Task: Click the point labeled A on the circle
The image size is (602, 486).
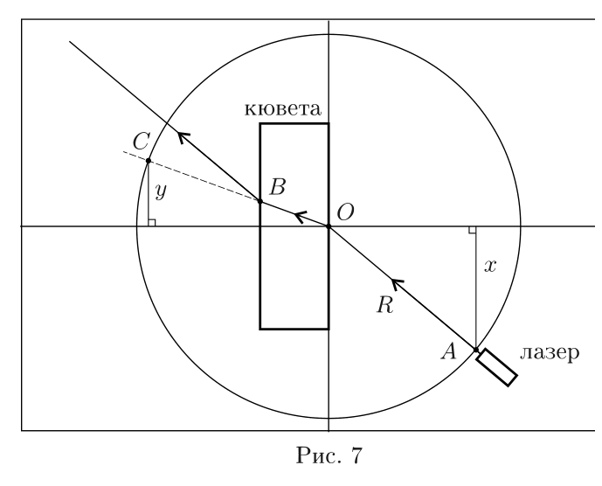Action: (x=476, y=350)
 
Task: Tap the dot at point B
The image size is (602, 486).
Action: (x=259, y=201)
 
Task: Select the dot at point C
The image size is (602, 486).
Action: (x=149, y=160)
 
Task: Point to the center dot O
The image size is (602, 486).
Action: (x=329, y=226)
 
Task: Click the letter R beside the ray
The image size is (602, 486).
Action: (x=385, y=305)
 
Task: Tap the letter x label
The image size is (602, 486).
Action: (x=490, y=266)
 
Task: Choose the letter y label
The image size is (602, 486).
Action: (x=161, y=191)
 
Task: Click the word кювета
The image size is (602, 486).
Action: (x=282, y=108)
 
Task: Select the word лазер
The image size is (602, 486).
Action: (x=550, y=352)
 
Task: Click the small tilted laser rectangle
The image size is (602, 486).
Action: (x=496, y=367)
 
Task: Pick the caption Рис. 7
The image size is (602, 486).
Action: (x=329, y=455)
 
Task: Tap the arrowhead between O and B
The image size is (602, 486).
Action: (x=301, y=217)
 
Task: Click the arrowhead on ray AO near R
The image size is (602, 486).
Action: (x=397, y=284)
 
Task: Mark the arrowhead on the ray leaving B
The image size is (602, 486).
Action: (x=184, y=136)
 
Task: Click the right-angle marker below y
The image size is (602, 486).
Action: (x=152, y=223)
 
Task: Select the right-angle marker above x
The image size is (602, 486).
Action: (x=473, y=230)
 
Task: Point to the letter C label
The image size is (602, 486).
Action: (x=141, y=142)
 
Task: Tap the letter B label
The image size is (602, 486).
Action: (x=277, y=187)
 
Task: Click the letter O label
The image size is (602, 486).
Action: (x=345, y=212)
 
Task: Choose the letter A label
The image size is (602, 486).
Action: (x=448, y=351)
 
